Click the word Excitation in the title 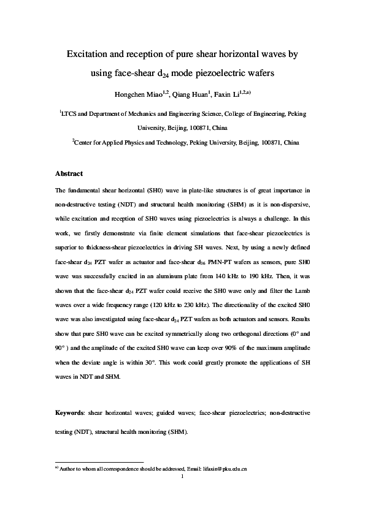pos(88,54)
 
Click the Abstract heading pos(69,173)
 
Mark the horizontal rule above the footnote pos(99,462)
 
